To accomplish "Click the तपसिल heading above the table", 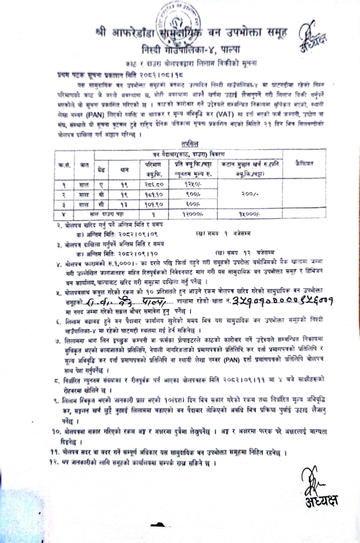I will [190, 144].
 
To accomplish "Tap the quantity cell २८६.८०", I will [154, 185].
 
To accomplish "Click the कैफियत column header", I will [304, 163].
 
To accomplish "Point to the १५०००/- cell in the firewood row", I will [249, 214].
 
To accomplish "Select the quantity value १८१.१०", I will [154, 194].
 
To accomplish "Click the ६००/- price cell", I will [192, 204].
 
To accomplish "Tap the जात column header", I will [84, 165].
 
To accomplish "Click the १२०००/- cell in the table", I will [192, 214].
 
